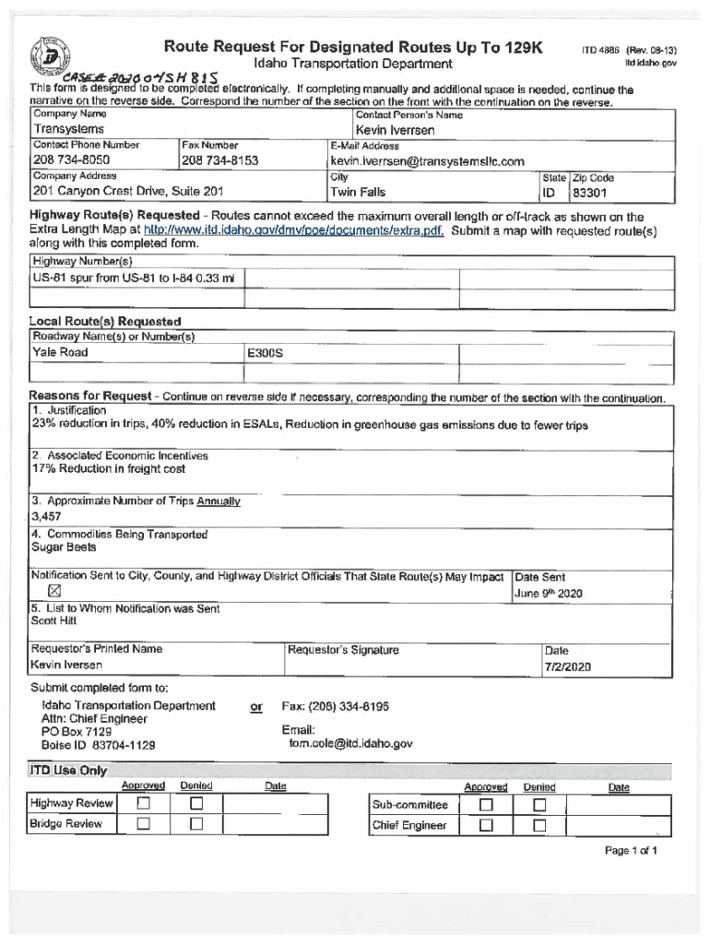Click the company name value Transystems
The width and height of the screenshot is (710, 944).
coord(67,130)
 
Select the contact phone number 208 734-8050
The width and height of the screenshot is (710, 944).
coord(71,160)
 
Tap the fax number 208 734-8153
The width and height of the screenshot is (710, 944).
coord(220,160)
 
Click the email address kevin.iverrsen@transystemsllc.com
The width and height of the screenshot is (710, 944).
coord(427,161)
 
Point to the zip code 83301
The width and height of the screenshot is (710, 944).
coord(590,194)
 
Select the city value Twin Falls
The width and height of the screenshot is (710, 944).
coord(358,193)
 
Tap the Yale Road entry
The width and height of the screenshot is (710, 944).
coord(61,352)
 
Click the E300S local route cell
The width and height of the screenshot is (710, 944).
coord(265,353)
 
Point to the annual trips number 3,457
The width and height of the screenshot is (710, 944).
coord(46,517)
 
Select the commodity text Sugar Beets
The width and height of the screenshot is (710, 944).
coord(64,548)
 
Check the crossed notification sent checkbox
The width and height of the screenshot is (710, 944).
coord(53,591)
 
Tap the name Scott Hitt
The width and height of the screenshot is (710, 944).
coord(54,621)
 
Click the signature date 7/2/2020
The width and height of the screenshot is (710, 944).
coord(567,667)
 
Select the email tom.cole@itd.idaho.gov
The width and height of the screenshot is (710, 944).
coord(350,743)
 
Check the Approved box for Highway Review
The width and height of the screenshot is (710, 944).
coord(143,803)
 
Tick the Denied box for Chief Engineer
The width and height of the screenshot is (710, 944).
coord(539,825)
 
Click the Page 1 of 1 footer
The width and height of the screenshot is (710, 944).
coord(631,851)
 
